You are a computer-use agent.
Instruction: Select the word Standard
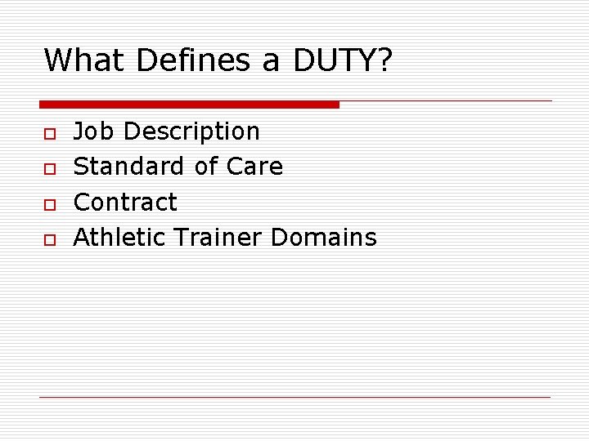[x=129, y=167]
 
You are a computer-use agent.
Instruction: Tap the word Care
[x=254, y=167]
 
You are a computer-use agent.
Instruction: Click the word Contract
[x=125, y=202]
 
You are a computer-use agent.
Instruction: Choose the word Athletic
[x=121, y=237]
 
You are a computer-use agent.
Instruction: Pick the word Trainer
[x=219, y=237]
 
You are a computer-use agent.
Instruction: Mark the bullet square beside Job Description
[x=50, y=132]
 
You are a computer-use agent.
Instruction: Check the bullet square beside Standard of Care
[x=50, y=167]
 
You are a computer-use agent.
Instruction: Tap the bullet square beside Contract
[x=50, y=203]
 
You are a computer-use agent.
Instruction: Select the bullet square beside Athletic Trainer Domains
[x=50, y=238]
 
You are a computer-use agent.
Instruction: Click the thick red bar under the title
[x=189, y=105]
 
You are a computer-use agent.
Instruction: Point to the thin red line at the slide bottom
[x=294, y=397]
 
